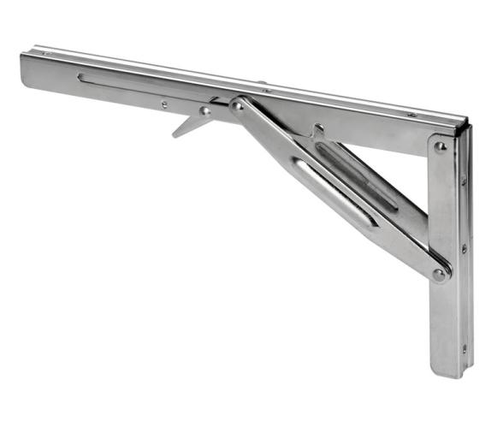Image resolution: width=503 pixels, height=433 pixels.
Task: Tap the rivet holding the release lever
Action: point(204,110)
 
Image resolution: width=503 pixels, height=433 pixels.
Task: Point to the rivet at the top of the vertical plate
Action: point(440,146)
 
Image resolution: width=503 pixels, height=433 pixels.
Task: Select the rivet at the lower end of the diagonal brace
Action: point(439,275)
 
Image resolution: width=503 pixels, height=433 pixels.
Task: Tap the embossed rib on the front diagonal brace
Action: point(334,193)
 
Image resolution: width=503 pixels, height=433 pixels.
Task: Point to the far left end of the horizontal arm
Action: point(24,68)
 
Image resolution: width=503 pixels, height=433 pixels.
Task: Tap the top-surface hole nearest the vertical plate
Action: point(411,115)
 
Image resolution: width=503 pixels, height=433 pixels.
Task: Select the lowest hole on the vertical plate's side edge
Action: point(465,349)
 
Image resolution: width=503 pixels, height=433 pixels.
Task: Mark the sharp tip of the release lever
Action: point(174,135)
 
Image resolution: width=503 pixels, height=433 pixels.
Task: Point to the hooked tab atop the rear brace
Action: point(318,129)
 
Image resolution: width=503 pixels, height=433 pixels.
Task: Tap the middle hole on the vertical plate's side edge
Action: point(464,249)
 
